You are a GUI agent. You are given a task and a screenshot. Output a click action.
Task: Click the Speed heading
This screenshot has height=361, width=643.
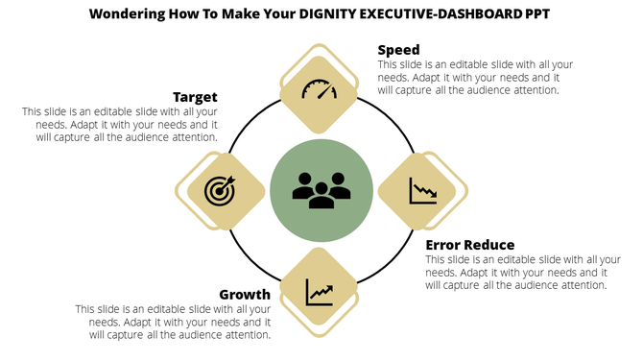(x=398, y=50)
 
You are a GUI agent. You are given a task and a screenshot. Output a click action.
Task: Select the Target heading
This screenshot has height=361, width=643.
(x=195, y=97)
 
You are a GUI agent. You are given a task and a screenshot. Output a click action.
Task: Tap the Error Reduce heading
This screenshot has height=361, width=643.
(x=469, y=245)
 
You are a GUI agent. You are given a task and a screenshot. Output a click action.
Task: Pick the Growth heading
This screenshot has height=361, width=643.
(x=244, y=294)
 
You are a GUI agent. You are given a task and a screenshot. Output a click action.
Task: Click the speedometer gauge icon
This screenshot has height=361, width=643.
(x=320, y=90)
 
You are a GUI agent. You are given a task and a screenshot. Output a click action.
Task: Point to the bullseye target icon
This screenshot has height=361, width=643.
(x=220, y=190)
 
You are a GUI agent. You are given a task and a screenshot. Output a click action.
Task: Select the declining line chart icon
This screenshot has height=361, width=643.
(x=422, y=190)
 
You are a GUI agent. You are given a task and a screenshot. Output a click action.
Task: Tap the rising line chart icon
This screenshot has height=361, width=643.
(x=320, y=290)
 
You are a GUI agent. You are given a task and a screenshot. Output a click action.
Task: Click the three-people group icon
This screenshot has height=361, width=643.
(x=321, y=189)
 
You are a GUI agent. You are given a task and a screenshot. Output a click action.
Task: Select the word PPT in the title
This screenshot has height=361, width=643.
(x=538, y=15)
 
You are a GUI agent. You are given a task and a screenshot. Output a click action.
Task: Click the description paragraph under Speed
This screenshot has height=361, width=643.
(x=475, y=77)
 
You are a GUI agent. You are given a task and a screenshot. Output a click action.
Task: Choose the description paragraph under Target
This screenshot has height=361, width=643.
(x=120, y=124)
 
